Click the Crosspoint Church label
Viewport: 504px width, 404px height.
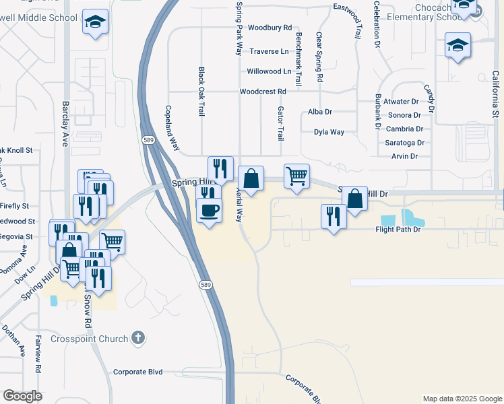90,339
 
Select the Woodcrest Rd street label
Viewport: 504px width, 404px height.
263,92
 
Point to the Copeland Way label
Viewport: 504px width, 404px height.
172,127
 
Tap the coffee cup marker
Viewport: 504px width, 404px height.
208,211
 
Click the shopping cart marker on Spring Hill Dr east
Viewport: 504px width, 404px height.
296,177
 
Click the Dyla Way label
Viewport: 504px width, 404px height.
329,132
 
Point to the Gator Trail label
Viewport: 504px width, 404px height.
280,123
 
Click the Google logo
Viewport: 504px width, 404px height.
23,396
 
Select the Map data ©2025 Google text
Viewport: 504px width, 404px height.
462,399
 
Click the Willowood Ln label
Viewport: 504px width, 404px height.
269,71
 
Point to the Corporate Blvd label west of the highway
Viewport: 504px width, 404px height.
138,372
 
